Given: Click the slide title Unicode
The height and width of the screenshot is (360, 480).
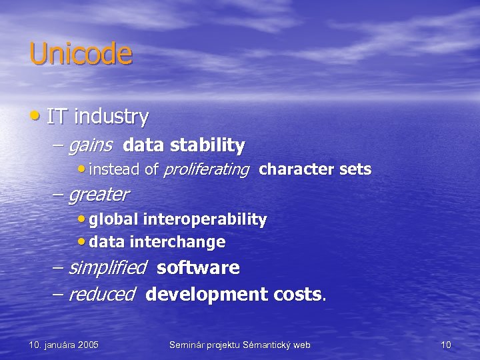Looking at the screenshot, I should pos(81,54).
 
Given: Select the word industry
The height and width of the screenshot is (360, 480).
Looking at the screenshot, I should pos(111,117).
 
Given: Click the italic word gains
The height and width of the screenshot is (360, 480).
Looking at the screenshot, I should pos(90,145).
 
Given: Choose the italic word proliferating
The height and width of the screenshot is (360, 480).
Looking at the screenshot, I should pos(206,169).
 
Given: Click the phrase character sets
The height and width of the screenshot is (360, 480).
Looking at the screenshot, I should pos(315,169).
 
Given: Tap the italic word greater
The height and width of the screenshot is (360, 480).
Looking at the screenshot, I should pos(99,195).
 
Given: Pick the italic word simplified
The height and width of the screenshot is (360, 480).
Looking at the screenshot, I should pos(107,268).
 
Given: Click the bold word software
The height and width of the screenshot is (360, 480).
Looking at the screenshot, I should pos(198,268).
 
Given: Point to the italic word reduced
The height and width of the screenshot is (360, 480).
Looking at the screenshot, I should pos(101,295).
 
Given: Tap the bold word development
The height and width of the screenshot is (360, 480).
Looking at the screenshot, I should pos(207,295).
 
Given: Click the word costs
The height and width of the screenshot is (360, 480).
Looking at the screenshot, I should pos(297,295).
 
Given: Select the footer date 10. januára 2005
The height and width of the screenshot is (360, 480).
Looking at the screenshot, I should pos(64,345).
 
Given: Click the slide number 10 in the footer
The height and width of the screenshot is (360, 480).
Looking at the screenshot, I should pos(446,345).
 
